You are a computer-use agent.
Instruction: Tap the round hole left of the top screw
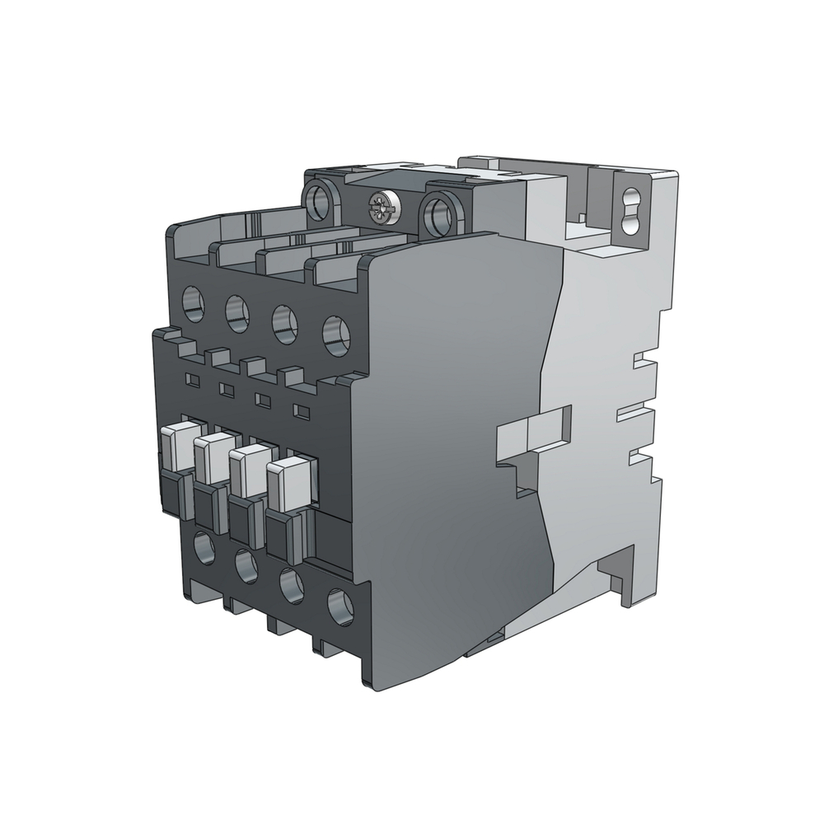click(319, 200)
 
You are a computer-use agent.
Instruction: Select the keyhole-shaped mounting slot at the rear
click(632, 202)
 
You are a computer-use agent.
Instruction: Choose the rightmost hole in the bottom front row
click(339, 606)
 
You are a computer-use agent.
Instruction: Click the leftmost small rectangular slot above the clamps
click(192, 379)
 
